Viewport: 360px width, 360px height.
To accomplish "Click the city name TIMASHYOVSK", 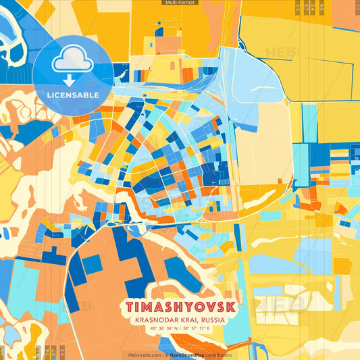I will (x=180, y=306).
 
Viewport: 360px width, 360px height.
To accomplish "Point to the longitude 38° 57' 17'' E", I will (x=201, y=329).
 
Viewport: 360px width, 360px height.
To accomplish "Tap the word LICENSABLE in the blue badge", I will (x=72, y=95).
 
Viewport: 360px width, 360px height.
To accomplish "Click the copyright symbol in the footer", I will (x=166, y=355).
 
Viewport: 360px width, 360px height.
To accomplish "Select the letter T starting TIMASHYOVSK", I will (x=128, y=306).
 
